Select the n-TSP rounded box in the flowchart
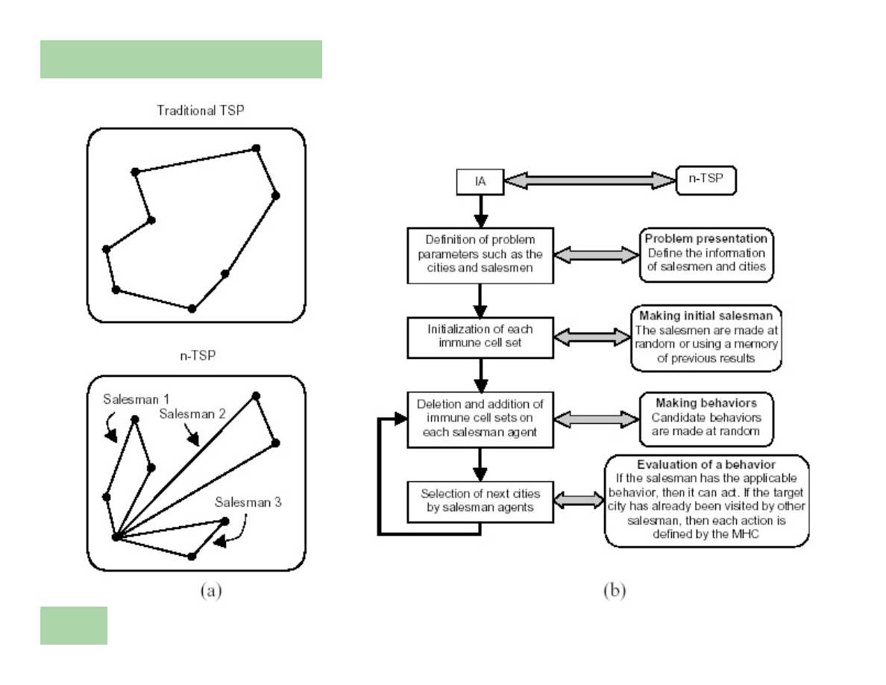click(x=706, y=180)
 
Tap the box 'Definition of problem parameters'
click(x=481, y=254)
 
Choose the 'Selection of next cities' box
click(x=481, y=501)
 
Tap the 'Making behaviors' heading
click(x=706, y=401)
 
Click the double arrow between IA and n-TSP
click(x=589, y=180)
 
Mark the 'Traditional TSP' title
click(x=195, y=110)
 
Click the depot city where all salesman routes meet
click(x=116, y=537)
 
